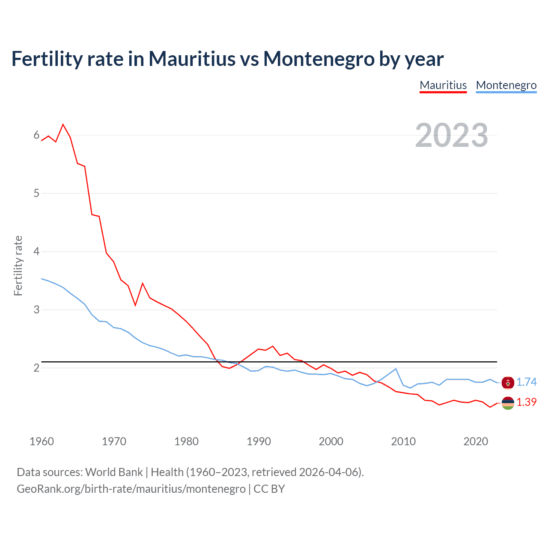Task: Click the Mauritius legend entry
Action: pos(443,85)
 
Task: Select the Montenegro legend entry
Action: pos(506,85)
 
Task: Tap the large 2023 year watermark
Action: pos(452,135)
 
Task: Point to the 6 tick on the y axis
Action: pos(36,135)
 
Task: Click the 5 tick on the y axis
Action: pos(36,193)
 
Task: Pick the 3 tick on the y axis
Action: pos(36,310)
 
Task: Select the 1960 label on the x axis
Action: pos(42,441)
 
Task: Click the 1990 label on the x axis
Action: pos(259,441)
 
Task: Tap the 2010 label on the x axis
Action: pos(403,441)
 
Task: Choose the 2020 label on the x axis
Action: pos(476,441)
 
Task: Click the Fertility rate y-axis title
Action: pos(18,265)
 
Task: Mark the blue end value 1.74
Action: pos(526,382)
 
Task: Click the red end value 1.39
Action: pos(526,402)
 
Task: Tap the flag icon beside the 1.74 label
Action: pos(508,383)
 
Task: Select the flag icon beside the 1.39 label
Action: pos(508,403)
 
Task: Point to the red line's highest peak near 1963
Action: pos(63,125)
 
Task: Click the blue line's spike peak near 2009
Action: pos(396,369)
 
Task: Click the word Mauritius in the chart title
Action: pos(192,59)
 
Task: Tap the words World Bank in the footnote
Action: pos(114,472)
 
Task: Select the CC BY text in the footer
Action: pos(269,489)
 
